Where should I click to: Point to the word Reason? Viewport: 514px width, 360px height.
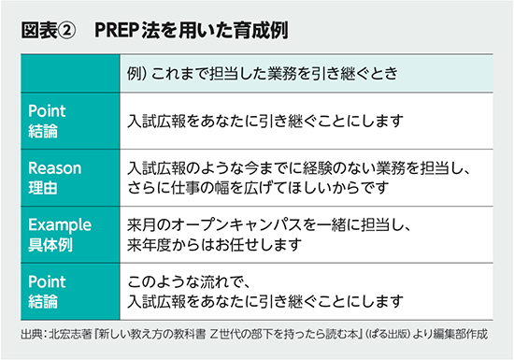tap(55, 168)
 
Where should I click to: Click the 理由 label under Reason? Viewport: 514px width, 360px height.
tap(43, 187)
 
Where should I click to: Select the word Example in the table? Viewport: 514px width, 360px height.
tap(60, 225)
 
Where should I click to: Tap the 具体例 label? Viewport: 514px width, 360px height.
tap(50, 244)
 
